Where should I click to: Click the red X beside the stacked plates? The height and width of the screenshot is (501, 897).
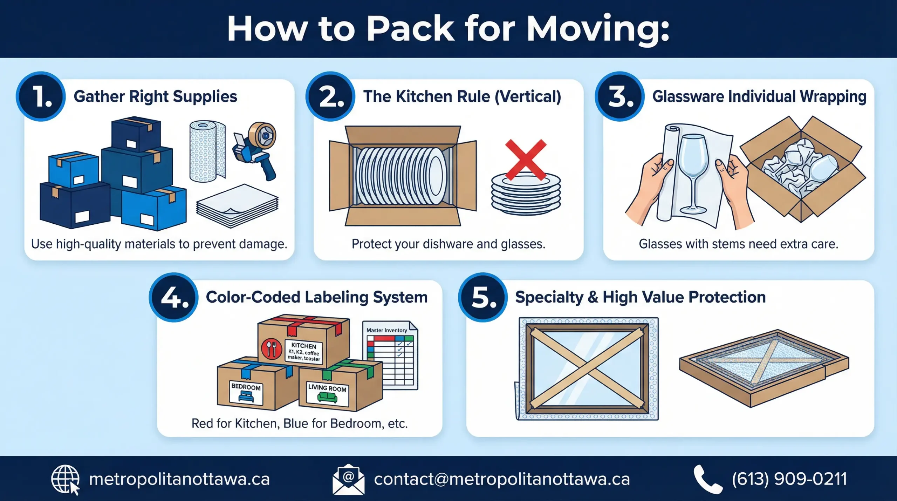pos(525,160)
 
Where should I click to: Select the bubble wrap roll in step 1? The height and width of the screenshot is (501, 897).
pos(207,151)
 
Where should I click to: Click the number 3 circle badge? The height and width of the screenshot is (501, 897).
pos(619,96)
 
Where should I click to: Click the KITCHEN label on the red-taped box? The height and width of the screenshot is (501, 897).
pos(303,352)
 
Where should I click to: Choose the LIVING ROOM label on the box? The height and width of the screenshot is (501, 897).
pos(327,393)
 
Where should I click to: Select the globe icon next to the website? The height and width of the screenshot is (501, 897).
pos(65,479)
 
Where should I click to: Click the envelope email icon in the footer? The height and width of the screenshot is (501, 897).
pos(348,479)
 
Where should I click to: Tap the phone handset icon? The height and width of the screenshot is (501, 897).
pos(707,479)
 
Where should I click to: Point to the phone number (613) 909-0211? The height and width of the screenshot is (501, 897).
pos(789,479)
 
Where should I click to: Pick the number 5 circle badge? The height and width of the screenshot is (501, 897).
pos(483,297)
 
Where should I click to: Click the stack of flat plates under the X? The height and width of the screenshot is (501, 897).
pos(526,196)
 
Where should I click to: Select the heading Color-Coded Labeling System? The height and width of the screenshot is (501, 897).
pos(316,297)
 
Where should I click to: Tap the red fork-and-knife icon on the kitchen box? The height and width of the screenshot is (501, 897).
pos(272,349)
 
